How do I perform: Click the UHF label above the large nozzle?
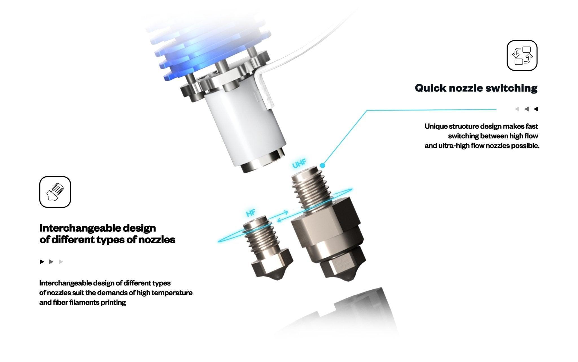[x=299, y=164]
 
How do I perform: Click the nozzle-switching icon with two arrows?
[x=522, y=55]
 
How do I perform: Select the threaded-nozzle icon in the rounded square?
[x=55, y=192]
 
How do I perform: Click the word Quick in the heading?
[x=430, y=88]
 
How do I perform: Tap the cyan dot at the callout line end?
[x=323, y=166]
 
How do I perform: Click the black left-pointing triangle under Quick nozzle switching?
[x=536, y=109]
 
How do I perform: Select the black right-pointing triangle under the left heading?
[x=42, y=262]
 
